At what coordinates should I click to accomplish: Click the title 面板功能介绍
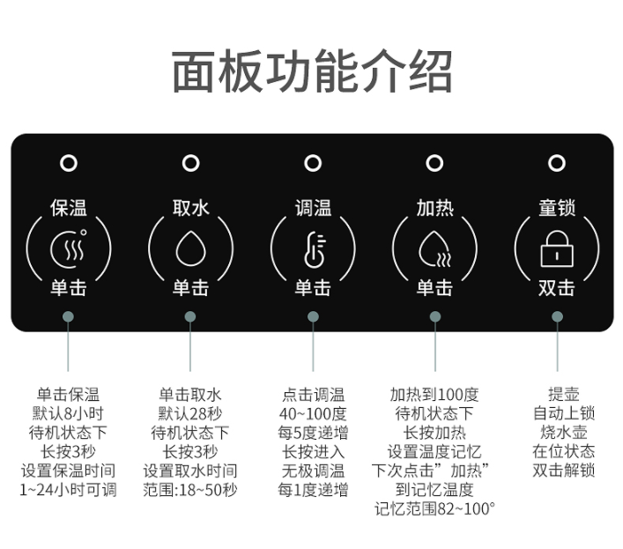point(312,71)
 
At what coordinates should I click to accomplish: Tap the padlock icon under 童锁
point(557,249)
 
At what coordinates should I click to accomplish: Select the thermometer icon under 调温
point(315,249)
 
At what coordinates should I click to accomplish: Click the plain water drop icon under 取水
point(190,249)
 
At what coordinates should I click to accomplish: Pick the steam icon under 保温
point(69,249)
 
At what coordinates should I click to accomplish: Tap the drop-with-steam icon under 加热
point(434,249)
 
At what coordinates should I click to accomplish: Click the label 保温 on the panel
point(69,208)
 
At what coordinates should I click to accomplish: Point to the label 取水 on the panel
point(190,208)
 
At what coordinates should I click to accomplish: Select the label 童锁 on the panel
point(557,208)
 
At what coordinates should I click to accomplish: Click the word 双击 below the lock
point(557,288)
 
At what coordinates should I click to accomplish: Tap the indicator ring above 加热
point(434,163)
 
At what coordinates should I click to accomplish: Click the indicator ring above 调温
point(313,163)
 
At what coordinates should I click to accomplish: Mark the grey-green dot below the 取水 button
point(190,316)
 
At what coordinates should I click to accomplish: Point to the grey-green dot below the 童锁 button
point(557,316)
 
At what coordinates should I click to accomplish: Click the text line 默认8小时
point(68,413)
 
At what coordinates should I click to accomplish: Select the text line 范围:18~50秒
point(190,490)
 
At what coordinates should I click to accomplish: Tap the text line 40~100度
point(313,413)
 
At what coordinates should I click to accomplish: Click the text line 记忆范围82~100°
point(434,508)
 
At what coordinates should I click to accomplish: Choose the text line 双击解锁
point(563,471)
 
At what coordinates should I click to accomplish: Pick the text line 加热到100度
point(434,395)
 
